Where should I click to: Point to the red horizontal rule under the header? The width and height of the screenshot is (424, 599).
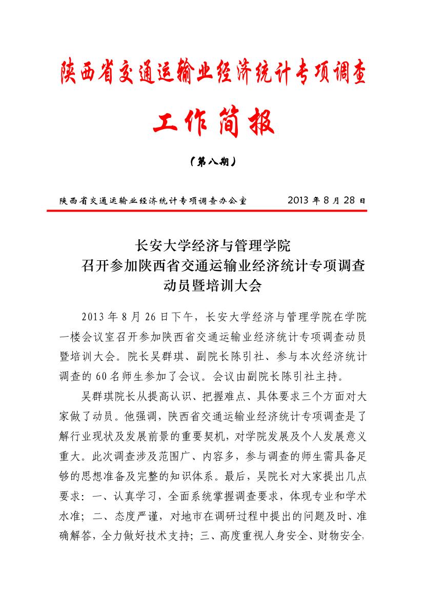pos(212,210)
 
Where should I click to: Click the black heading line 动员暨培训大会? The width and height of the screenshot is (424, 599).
pos(212,286)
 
